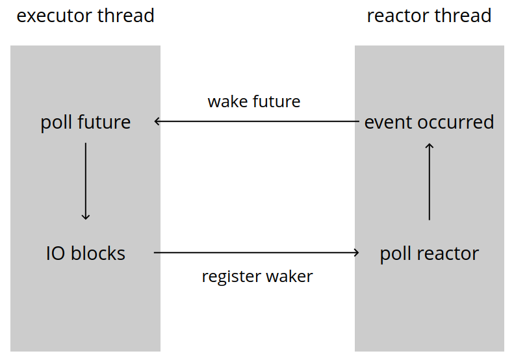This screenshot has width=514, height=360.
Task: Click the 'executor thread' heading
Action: tap(85, 16)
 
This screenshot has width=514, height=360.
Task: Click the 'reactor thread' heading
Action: tap(429, 16)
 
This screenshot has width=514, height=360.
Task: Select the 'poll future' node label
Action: tap(86, 122)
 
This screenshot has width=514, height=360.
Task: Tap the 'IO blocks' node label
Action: tap(86, 253)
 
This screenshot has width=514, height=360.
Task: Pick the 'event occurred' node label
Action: tap(429, 122)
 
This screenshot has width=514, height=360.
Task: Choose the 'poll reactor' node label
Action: tap(429, 253)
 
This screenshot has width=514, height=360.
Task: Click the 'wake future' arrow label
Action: tap(254, 101)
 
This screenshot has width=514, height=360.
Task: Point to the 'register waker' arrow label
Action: tap(257, 276)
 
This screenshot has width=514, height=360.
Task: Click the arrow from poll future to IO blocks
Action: tap(86, 182)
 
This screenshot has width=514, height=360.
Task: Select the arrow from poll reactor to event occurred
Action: tap(429, 182)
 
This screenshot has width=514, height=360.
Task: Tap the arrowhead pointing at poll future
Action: tap(157, 122)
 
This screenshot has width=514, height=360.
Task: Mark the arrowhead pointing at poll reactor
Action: tap(356, 252)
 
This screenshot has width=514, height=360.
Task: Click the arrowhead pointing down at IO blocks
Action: tap(86, 217)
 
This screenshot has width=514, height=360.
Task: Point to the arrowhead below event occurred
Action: tap(429, 147)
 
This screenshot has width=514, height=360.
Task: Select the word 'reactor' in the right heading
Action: tap(395, 16)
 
